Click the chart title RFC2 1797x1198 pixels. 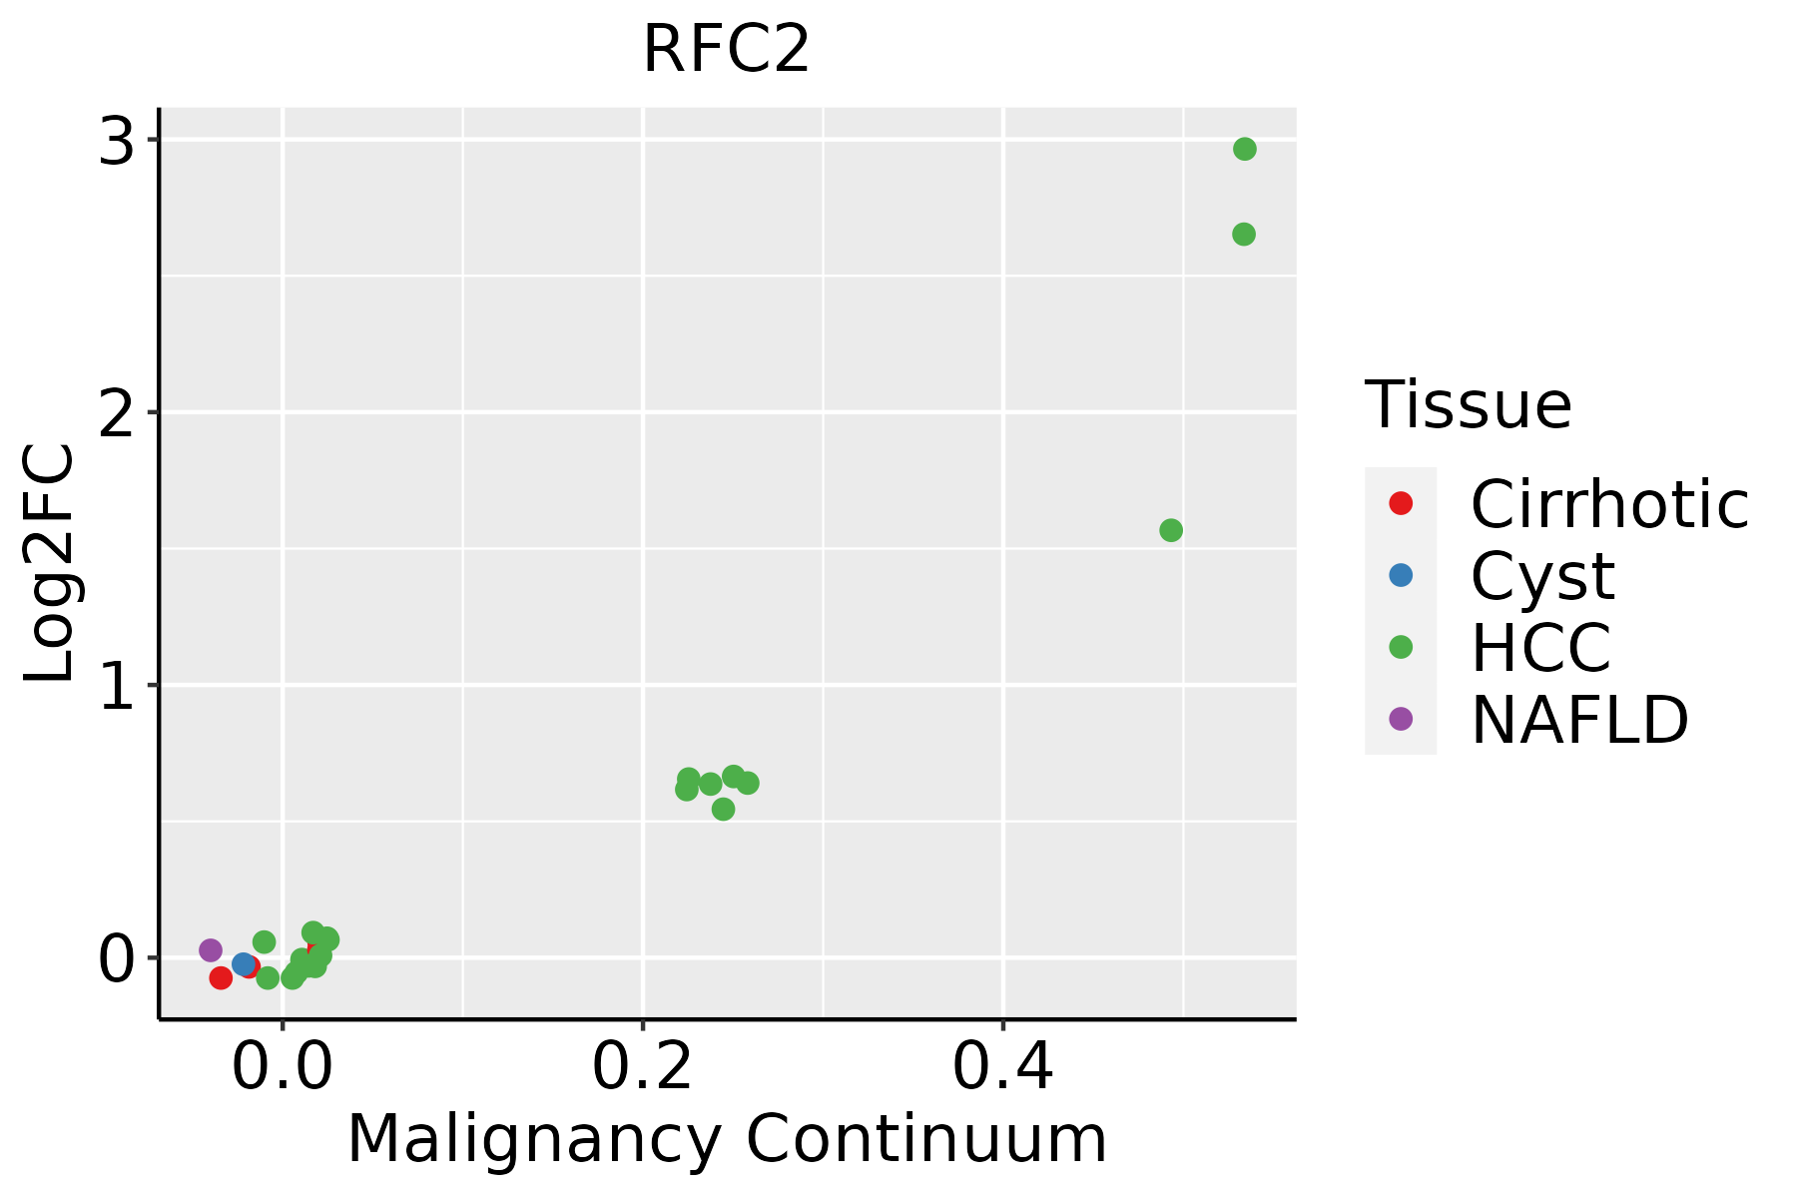(726, 48)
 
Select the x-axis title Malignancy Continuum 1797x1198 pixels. (726, 1138)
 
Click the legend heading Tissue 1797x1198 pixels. (1468, 404)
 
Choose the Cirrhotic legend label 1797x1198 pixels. (1609, 503)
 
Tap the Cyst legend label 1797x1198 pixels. (1542, 575)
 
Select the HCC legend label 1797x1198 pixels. (1540, 647)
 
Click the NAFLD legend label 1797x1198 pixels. (1579, 719)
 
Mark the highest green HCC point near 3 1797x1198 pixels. (1244, 149)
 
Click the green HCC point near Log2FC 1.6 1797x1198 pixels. (1171, 530)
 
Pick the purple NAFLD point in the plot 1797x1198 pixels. (211, 949)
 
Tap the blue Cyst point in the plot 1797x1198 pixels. (243, 963)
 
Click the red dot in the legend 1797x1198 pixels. (1401, 503)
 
